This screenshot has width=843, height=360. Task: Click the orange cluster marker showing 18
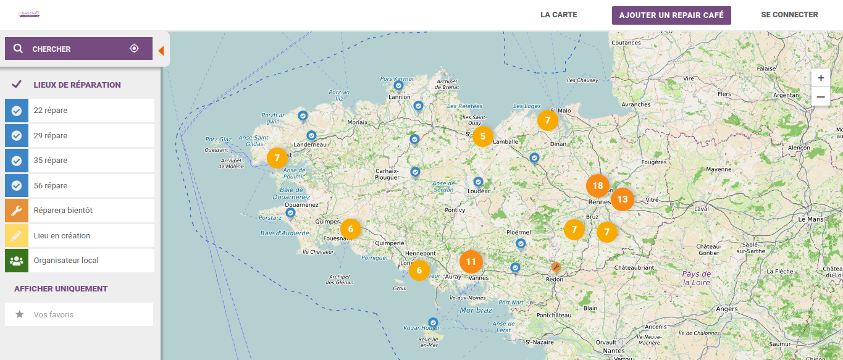[x=597, y=186]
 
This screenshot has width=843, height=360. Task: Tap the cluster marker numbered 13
[x=622, y=199]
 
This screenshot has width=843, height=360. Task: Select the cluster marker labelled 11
[x=471, y=262]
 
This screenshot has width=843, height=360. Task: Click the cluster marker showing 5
[x=483, y=136]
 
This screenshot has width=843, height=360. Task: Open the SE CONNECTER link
[x=789, y=15]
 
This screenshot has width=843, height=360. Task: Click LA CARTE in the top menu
[x=558, y=15]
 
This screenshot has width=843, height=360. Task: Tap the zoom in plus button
[x=821, y=78]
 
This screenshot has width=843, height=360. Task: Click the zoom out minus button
[x=821, y=96]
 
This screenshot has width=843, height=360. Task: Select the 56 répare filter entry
[x=79, y=185]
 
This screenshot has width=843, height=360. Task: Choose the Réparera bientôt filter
[x=79, y=211]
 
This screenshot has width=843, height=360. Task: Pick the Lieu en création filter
[x=79, y=235]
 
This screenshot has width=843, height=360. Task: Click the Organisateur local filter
[x=79, y=261]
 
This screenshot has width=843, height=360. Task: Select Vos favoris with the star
[x=79, y=314]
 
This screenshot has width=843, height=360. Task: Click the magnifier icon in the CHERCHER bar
[x=19, y=49]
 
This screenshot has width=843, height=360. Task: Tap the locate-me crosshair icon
[x=134, y=48]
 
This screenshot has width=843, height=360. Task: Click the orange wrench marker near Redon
[x=556, y=267]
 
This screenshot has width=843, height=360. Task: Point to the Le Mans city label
[x=811, y=219]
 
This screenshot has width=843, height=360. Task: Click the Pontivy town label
[x=455, y=211]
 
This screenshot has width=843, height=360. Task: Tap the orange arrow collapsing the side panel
[x=161, y=51]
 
